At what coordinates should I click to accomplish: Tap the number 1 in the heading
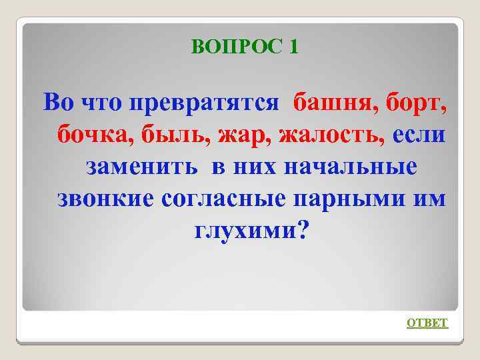[x=294, y=46]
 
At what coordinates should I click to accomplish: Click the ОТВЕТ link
[x=427, y=323]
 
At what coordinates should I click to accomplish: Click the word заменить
[x=141, y=166]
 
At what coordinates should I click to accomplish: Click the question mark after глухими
[x=303, y=230]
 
